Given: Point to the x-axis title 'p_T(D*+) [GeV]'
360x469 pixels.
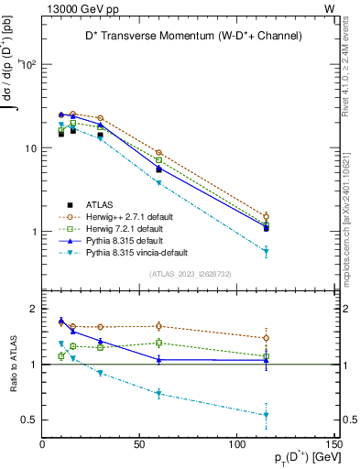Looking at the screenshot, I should [x=298, y=456].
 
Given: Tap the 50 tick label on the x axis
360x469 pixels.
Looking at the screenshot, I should [x=140, y=444].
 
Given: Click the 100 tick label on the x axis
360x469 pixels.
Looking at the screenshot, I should [x=237, y=444].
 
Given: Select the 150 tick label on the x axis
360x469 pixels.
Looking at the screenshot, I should [x=334, y=444].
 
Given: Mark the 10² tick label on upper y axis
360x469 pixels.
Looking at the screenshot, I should [x=28, y=64].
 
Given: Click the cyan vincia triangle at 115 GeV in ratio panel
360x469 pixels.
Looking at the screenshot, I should [x=266, y=415].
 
